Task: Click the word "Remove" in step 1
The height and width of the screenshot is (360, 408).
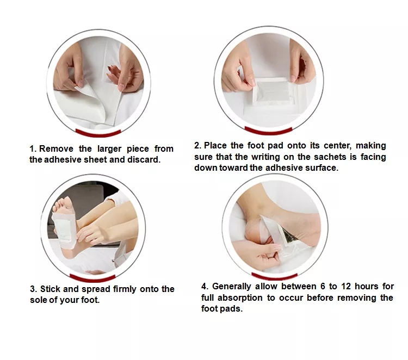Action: [x=56, y=149]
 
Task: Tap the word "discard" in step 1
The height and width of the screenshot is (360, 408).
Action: [x=144, y=159]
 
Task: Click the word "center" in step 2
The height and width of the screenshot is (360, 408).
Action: [x=337, y=146]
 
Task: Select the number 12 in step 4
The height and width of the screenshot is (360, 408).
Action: [x=346, y=286]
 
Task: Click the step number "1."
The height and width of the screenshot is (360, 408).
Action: [x=33, y=149]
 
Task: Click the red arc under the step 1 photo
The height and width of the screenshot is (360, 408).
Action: [x=98, y=133]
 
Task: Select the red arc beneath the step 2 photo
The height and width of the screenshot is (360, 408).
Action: [x=268, y=131]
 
